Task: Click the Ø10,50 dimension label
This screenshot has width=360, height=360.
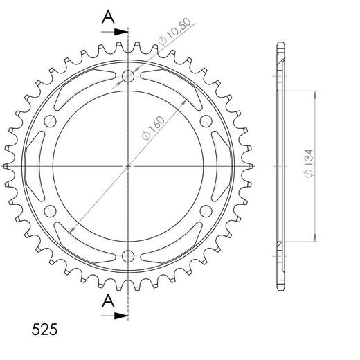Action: tap(175, 31)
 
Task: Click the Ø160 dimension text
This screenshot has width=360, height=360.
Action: tap(153, 128)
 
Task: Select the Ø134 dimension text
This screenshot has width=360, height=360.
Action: tap(309, 163)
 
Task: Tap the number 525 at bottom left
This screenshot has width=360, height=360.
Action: tap(44, 330)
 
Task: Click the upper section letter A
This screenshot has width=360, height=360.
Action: tap(108, 17)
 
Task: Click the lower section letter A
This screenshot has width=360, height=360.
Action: tap(108, 301)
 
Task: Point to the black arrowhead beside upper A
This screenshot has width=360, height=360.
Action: tap(121, 32)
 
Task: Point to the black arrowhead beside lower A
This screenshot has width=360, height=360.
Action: tap(121, 316)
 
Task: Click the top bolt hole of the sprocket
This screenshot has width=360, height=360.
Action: tap(128, 76)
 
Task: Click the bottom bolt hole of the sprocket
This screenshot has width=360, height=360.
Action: tap(128, 256)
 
